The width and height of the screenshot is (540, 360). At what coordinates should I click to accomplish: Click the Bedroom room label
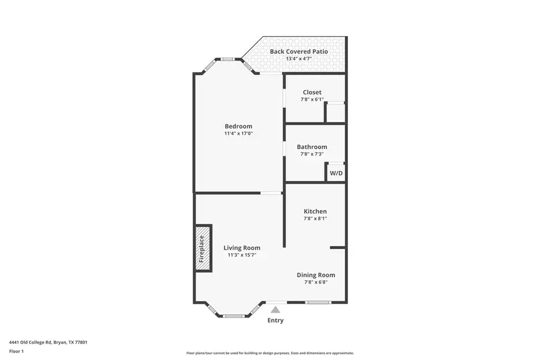pos(238,126)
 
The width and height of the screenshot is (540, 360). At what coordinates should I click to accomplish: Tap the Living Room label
pos(242,248)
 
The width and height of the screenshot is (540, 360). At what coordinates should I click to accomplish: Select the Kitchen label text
pos(315,211)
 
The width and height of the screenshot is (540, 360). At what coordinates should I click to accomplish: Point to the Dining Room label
pos(316,275)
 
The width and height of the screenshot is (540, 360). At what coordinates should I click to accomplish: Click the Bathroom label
pos(312,147)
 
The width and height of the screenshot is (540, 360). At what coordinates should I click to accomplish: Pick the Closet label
pos(312,92)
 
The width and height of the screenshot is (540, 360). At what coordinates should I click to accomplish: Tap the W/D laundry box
pos(336,173)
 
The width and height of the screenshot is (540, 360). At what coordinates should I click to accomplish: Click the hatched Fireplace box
pos(202,248)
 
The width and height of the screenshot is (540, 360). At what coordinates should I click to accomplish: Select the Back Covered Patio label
pos(299,52)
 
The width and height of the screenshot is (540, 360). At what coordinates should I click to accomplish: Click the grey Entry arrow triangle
pos(275,310)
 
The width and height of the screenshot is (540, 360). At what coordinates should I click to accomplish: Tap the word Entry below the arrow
pos(275,320)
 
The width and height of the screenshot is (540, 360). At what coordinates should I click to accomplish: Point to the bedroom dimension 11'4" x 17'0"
pos(238,133)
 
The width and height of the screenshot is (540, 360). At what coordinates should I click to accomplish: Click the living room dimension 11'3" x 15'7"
pos(242,255)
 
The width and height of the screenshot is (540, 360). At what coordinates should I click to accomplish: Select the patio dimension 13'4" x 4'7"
pos(299,59)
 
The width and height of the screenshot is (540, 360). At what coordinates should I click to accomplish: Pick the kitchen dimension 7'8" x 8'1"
pos(315,218)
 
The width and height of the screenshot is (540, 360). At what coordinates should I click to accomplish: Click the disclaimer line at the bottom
pos(270,353)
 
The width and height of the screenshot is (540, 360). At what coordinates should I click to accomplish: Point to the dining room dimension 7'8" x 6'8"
pos(316,282)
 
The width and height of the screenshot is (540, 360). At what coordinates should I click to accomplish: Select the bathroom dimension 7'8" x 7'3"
pos(312,154)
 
